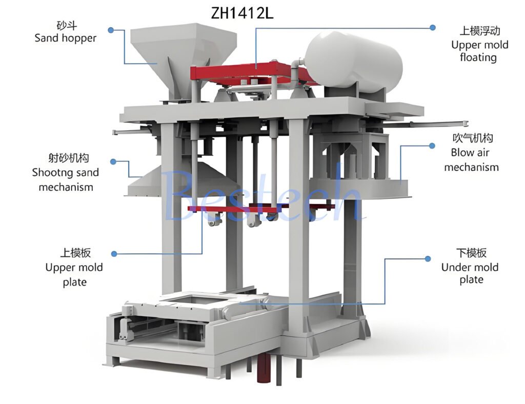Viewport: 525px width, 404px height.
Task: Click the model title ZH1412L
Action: click(x=243, y=13)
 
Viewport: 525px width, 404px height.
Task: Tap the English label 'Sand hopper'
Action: click(x=65, y=38)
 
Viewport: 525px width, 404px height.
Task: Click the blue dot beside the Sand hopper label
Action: click(x=111, y=30)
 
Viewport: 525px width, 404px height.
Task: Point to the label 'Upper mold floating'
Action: click(x=479, y=51)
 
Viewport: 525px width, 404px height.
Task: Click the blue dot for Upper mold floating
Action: click(x=433, y=27)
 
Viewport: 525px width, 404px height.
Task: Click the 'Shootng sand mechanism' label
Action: click(x=65, y=179)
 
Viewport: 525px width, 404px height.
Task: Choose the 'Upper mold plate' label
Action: click(x=74, y=274)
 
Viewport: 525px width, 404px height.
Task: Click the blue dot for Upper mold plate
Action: click(x=114, y=253)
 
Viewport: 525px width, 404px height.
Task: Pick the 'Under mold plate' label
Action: click(x=470, y=273)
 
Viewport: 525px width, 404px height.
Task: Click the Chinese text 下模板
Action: click(x=471, y=253)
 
